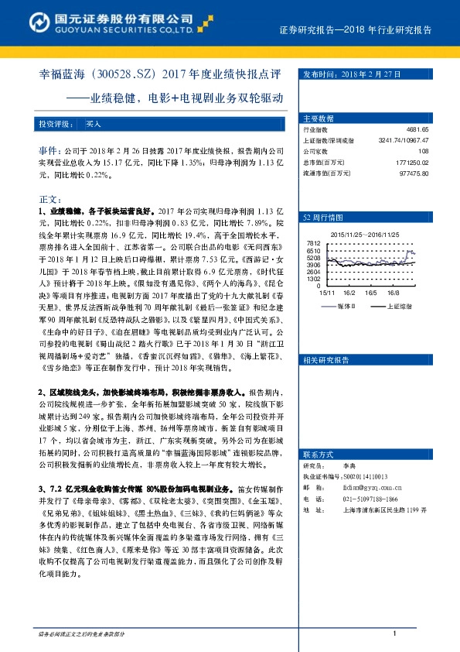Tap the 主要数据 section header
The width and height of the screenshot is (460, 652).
[319, 118]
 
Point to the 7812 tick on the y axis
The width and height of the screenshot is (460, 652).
[313, 243]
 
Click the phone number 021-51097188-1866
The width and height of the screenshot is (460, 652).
[362, 499]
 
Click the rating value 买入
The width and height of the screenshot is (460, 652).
[93, 122]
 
